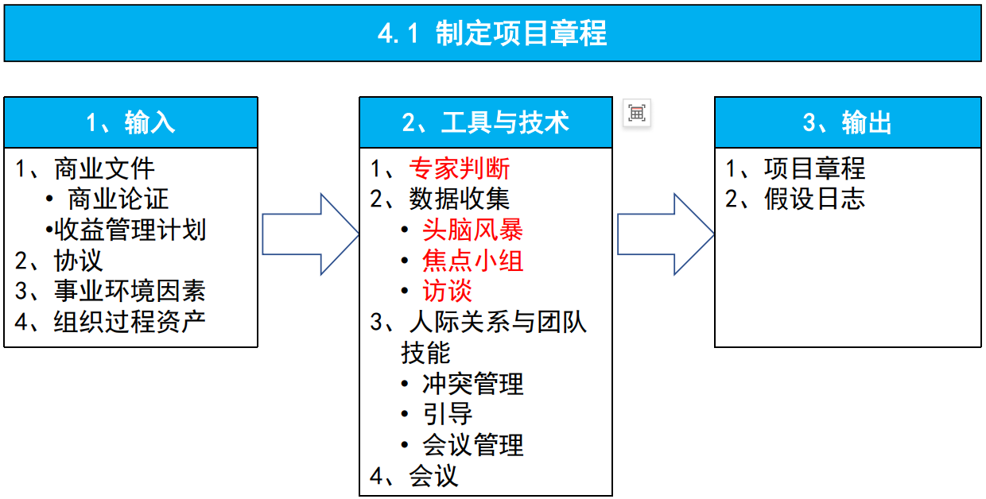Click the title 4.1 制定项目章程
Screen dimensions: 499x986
[492, 34]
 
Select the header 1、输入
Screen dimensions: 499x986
[130, 122]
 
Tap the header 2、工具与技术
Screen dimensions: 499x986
[485, 122]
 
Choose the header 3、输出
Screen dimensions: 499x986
[847, 122]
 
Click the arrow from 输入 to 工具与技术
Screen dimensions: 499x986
[310, 234]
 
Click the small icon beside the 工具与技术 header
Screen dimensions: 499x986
[636, 113]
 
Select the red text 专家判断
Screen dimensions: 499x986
[459, 168]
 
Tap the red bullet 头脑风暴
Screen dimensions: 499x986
[472, 230]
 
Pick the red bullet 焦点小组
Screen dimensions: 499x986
[472, 261]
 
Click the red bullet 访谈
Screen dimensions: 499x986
[447, 291]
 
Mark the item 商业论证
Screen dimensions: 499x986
[118, 199]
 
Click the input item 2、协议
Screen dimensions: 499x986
[60, 261]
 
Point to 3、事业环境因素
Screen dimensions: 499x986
[111, 291]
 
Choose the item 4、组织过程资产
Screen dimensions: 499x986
[111, 322]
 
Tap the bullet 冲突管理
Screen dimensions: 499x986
[472, 384]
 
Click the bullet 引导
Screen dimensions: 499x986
[447, 414]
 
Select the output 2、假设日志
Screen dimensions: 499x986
[795, 199]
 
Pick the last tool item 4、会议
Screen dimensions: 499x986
[414, 475]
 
